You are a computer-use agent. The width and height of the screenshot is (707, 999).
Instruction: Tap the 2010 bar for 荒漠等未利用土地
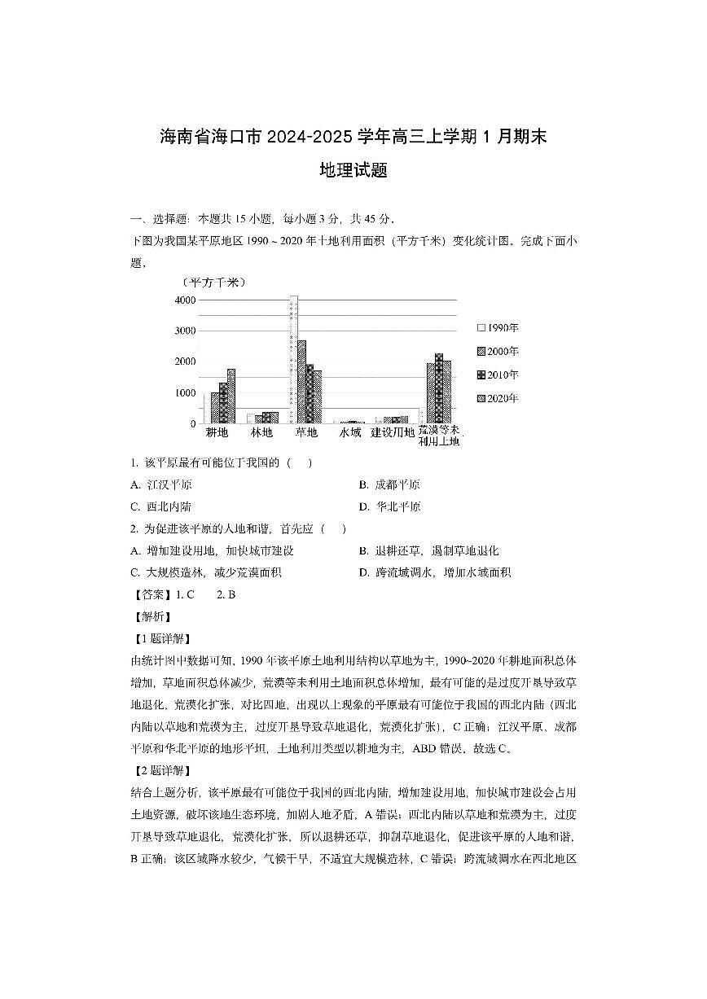point(439,388)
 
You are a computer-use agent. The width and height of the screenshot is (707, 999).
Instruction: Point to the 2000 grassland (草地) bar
point(301,381)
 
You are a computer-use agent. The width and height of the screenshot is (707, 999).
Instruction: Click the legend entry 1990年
point(498,328)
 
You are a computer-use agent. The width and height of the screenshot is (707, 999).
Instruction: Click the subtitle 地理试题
point(353,171)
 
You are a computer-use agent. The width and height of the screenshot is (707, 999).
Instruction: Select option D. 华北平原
point(389,506)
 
